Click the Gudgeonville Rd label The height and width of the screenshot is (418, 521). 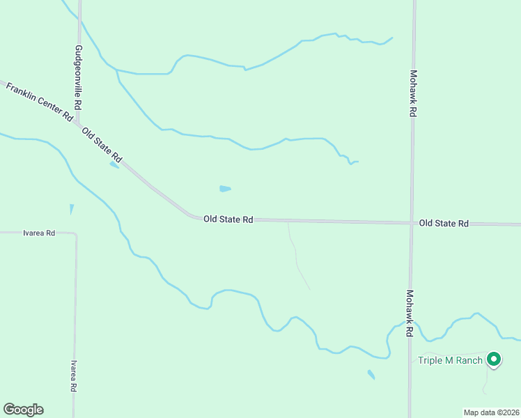click(x=79, y=77)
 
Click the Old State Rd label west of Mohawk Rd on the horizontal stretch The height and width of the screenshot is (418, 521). click(x=228, y=219)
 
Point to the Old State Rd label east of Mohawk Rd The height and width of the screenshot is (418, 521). click(x=444, y=223)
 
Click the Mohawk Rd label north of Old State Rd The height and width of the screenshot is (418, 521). click(x=413, y=93)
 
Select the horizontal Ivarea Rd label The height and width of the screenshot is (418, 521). click(x=39, y=233)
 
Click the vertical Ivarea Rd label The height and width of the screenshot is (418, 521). click(x=72, y=377)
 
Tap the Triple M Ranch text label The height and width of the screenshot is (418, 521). click(x=450, y=360)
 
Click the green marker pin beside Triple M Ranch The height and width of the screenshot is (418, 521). click(x=494, y=359)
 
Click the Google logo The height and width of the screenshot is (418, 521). click(x=23, y=410)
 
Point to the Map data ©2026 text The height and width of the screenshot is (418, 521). click(x=491, y=412)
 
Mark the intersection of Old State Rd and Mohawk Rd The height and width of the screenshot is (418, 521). click(x=412, y=223)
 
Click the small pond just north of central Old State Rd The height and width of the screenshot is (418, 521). click(x=225, y=188)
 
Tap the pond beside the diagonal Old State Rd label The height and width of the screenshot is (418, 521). click(x=114, y=165)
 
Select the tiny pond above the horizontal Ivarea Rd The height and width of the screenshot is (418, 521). click(x=71, y=208)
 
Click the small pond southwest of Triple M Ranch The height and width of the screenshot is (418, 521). click(x=371, y=375)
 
